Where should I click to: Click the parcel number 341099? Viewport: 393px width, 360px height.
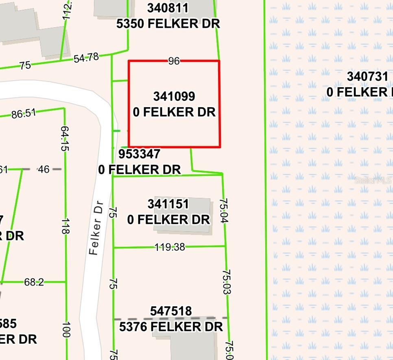point(174,97)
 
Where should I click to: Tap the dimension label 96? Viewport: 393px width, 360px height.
point(174,61)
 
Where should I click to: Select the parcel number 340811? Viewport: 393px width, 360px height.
point(168,8)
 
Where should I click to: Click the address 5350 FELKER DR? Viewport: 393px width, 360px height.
point(168,24)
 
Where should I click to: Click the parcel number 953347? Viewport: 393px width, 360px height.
point(139,154)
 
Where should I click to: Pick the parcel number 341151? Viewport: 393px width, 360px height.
point(168,204)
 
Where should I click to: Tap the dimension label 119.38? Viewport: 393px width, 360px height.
point(170,247)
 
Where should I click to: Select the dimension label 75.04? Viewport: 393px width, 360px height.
point(223,211)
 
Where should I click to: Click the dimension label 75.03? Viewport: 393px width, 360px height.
point(227,282)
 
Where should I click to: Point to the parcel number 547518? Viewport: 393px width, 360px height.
point(171,311)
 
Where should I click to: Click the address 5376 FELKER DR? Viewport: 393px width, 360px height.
point(171,327)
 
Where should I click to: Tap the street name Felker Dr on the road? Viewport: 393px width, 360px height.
point(96,228)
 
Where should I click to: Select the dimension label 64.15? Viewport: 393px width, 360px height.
point(64,138)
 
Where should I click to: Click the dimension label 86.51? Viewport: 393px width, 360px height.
point(23,114)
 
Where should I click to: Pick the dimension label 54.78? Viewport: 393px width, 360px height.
point(86,57)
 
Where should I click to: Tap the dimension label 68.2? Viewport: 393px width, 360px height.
point(34,282)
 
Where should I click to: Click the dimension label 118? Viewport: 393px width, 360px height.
point(65,226)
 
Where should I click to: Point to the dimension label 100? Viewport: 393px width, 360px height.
point(65,329)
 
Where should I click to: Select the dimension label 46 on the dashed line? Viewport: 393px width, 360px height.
point(43,169)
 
